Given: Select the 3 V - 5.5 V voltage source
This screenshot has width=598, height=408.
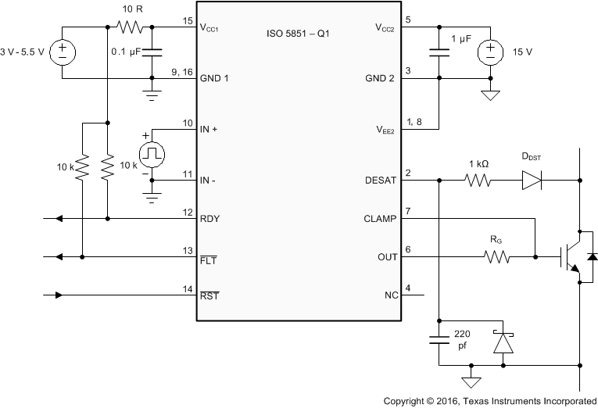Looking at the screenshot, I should pyautogui.click(x=61, y=52).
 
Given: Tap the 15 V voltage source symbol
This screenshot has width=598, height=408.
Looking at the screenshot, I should pyautogui.click(x=490, y=52).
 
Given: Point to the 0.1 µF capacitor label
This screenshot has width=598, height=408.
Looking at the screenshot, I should pyautogui.click(x=124, y=52).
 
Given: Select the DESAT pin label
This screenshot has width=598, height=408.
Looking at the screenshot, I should pyautogui.click(x=381, y=180).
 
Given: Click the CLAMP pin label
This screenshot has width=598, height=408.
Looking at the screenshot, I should pyautogui.click(x=381, y=219).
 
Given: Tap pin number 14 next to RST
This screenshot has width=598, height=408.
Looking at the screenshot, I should pyautogui.click(x=187, y=290).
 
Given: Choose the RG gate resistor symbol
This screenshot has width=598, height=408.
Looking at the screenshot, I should pyautogui.click(x=496, y=256).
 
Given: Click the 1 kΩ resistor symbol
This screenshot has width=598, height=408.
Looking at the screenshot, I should pyautogui.click(x=477, y=180).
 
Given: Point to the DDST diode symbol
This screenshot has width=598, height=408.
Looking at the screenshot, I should pyautogui.click(x=532, y=180).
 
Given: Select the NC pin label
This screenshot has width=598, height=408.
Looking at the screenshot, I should pyautogui.click(x=391, y=295).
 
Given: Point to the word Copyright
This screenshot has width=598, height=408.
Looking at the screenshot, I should pyautogui.click(x=407, y=399).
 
